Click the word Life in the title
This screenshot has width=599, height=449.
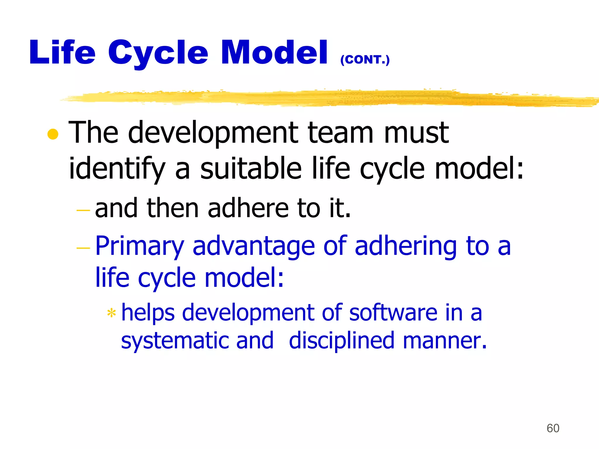tap(62, 53)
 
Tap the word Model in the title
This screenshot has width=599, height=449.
tap(274, 53)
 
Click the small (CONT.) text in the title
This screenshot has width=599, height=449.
tap(365, 60)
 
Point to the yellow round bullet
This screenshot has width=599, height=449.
tap(53, 134)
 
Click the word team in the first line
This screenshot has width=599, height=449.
tap(341, 133)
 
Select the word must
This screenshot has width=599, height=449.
tap(416, 133)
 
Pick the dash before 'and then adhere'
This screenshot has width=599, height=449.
tap(83, 210)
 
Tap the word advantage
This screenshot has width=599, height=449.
tap(253, 246)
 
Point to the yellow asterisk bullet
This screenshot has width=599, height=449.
tap(111, 313)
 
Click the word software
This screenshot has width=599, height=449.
tap(393, 313)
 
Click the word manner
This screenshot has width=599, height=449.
tap(444, 341)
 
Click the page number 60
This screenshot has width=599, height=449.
tap(553, 428)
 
